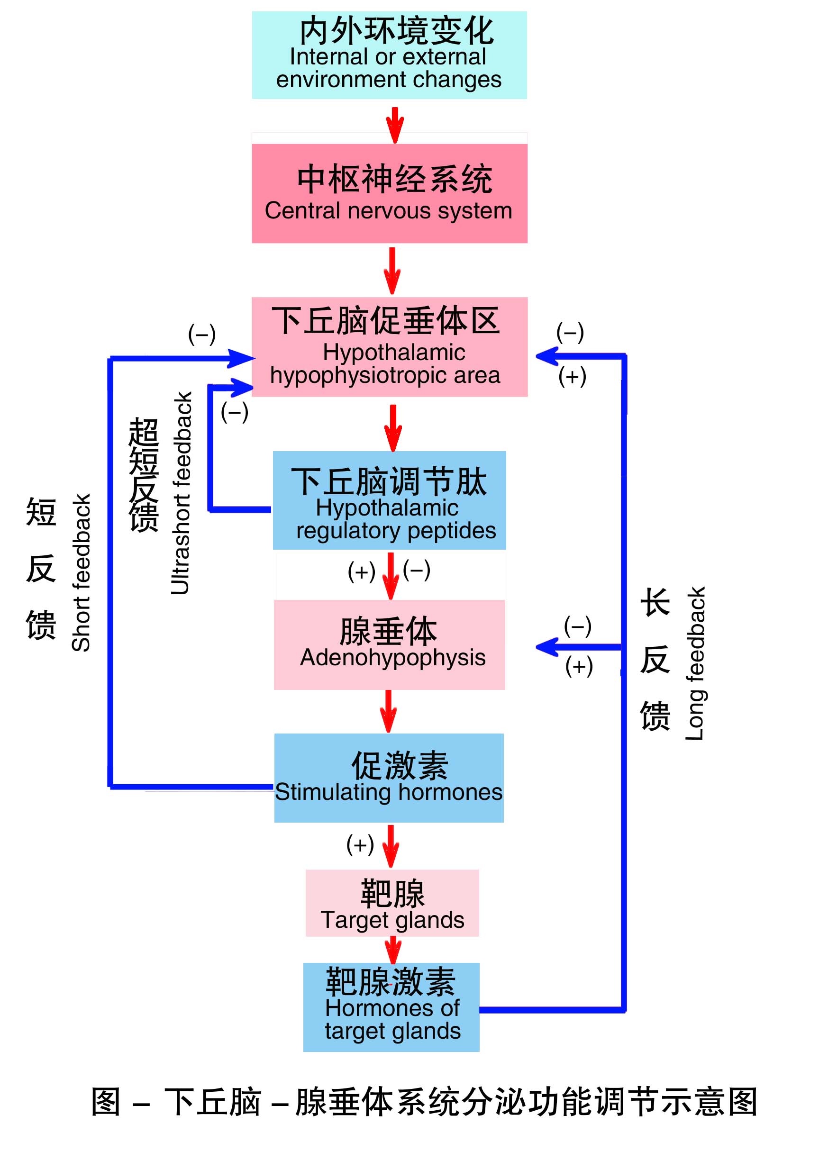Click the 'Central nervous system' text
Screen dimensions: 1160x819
coord(388,211)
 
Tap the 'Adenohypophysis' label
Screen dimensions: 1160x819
coord(392,658)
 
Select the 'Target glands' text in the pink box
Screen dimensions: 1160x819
coord(392,920)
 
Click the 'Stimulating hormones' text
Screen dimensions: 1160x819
coord(388,792)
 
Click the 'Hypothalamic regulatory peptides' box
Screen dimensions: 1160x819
coord(389,500)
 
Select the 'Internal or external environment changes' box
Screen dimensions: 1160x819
coord(389,55)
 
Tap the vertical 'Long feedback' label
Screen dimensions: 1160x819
coord(695,663)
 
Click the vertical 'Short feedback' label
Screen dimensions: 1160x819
coord(82,572)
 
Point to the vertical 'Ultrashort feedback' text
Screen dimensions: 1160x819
coord(181,493)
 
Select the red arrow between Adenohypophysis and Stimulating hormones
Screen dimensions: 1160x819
coord(388,711)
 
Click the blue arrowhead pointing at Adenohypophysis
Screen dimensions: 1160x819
coord(547,647)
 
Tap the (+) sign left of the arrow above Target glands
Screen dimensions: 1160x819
coord(360,844)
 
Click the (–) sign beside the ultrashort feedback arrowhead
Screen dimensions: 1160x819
coord(235,412)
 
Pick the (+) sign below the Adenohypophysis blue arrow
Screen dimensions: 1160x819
coord(579,666)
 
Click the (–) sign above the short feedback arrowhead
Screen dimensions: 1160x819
coord(201,334)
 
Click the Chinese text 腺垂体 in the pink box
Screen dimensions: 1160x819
coord(388,631)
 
